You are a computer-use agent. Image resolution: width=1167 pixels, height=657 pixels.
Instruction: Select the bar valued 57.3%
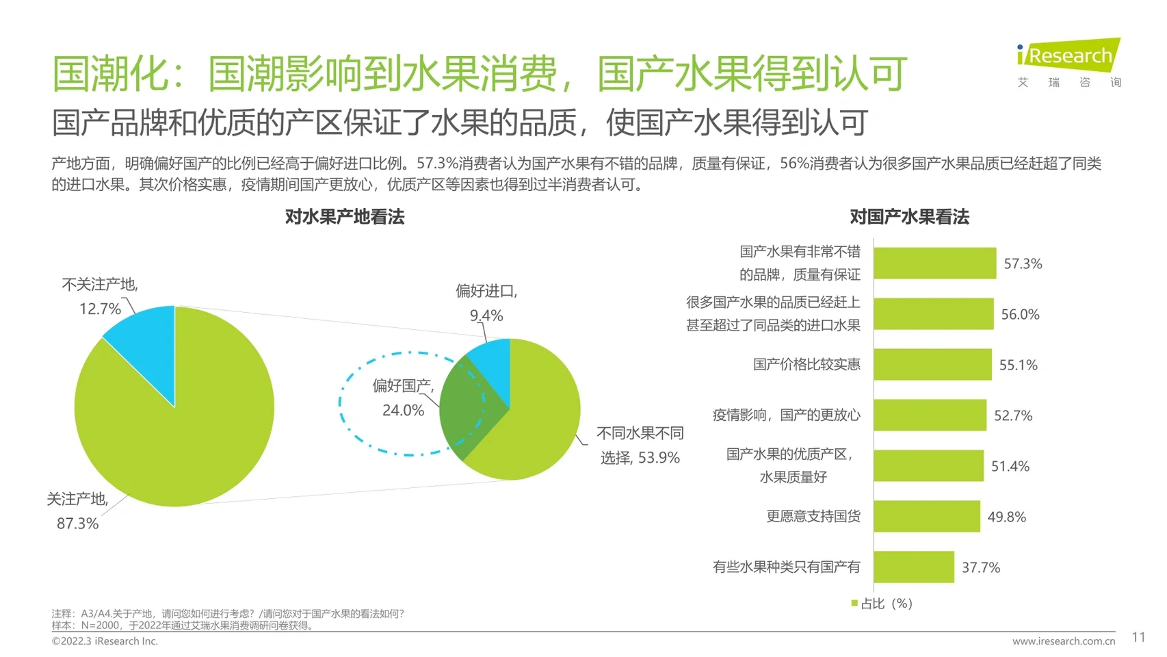[x=934, y=263]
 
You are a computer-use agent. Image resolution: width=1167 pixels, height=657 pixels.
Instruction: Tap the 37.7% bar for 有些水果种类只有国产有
[x=913, y=567]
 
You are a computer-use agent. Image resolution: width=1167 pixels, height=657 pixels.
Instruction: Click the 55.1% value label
[x=1018, y=365]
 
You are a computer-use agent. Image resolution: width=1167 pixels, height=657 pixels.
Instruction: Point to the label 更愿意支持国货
[x=813, y=516]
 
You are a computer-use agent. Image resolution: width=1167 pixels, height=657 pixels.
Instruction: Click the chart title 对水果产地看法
[x=345, y=217]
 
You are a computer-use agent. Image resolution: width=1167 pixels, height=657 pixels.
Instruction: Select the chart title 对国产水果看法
[x=909, y=217]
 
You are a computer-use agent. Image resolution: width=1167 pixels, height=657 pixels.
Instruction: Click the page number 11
[x=1138, y=637]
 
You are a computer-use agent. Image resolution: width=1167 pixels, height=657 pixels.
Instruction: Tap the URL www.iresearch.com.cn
[x=1063, y=641]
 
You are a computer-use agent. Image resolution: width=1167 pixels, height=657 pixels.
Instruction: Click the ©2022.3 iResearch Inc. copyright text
[x=105, y=641]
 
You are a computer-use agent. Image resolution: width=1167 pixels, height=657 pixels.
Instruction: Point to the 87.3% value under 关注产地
[x=77, y=524]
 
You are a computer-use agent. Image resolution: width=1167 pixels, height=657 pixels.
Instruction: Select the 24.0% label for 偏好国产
[x=403, y=411]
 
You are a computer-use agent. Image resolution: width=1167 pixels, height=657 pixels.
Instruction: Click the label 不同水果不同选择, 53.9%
[x=640, y=446]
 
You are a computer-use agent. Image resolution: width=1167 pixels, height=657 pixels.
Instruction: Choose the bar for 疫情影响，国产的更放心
[x=930, y=415]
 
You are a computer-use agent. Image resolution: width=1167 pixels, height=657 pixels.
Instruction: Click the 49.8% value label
[x=1006, y=517]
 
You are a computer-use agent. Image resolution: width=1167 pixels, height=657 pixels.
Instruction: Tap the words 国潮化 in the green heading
[x=109, y=74]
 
